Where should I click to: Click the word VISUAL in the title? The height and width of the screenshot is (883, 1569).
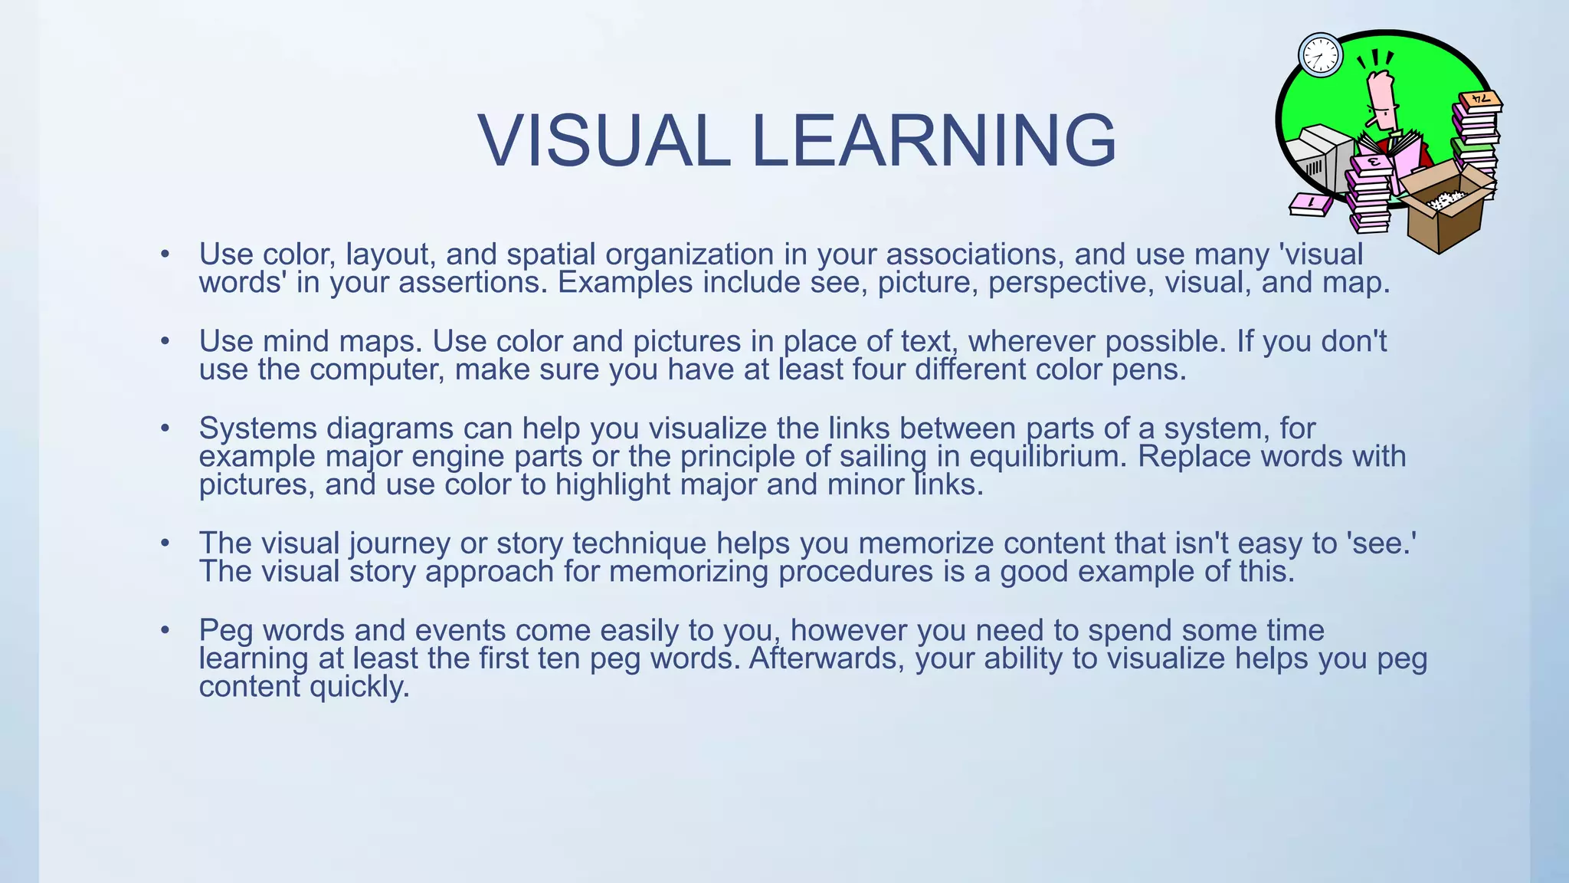click(604, 141)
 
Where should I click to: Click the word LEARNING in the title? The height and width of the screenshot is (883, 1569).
click(934, 141)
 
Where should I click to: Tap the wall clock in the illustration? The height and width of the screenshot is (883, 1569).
click(1321, 55)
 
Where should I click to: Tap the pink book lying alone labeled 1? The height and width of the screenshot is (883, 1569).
click(1311, 204)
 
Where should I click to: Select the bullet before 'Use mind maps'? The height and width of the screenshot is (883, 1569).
click(165, 341)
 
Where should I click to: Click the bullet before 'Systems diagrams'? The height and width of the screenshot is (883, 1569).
click(165, 428)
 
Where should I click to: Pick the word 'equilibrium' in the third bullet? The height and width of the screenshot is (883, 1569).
click(1048, 457)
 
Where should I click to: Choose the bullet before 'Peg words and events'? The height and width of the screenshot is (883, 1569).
click(165, 631)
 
